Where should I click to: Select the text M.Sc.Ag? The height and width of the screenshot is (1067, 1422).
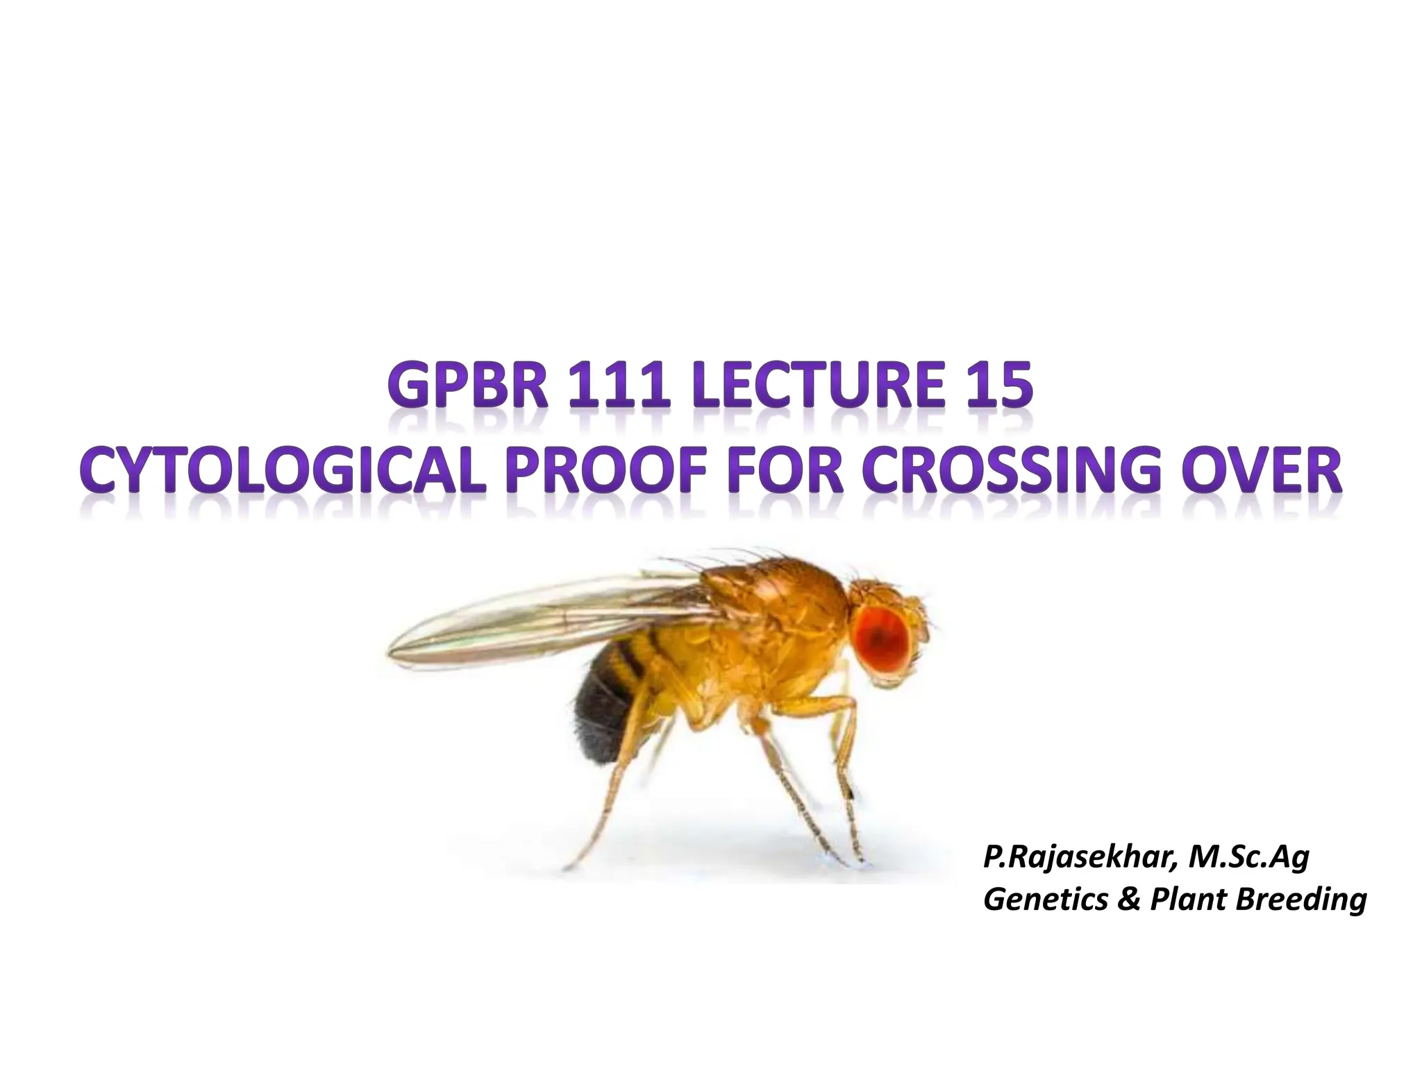(1249, 859)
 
